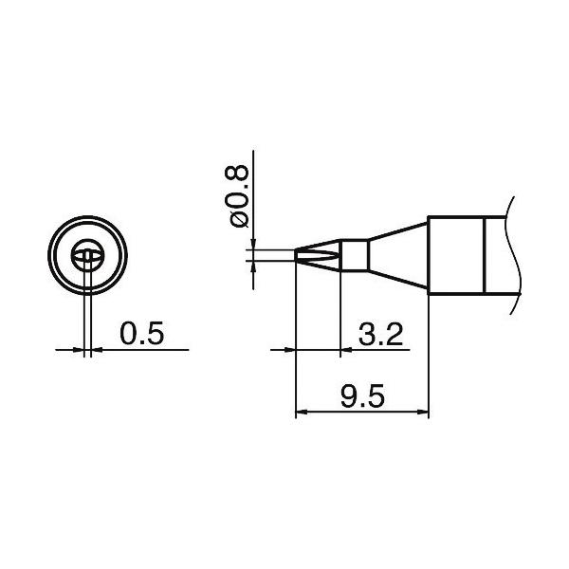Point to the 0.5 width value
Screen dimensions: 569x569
pos(142,334)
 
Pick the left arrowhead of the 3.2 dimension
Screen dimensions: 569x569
pos(290,350)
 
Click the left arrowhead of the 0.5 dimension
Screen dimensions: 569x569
pos(79,350)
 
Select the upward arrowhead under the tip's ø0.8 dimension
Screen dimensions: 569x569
pos(252,266)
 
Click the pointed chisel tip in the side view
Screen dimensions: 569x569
pos(305,254)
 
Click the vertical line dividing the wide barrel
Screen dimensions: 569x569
pos(485,254)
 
